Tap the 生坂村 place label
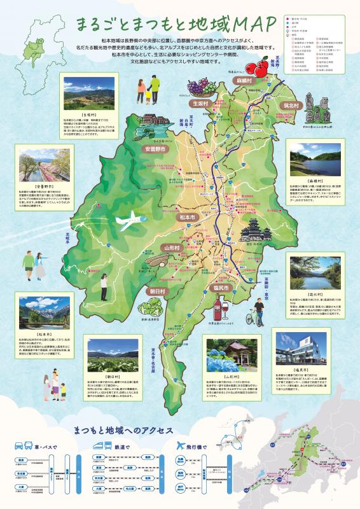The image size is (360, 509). click(199, 103)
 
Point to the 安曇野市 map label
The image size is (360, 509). click(155, 149)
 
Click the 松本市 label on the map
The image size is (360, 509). click(171, 218)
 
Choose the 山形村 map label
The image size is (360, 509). click(172, 247)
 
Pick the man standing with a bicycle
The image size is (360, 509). click(258, 313)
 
